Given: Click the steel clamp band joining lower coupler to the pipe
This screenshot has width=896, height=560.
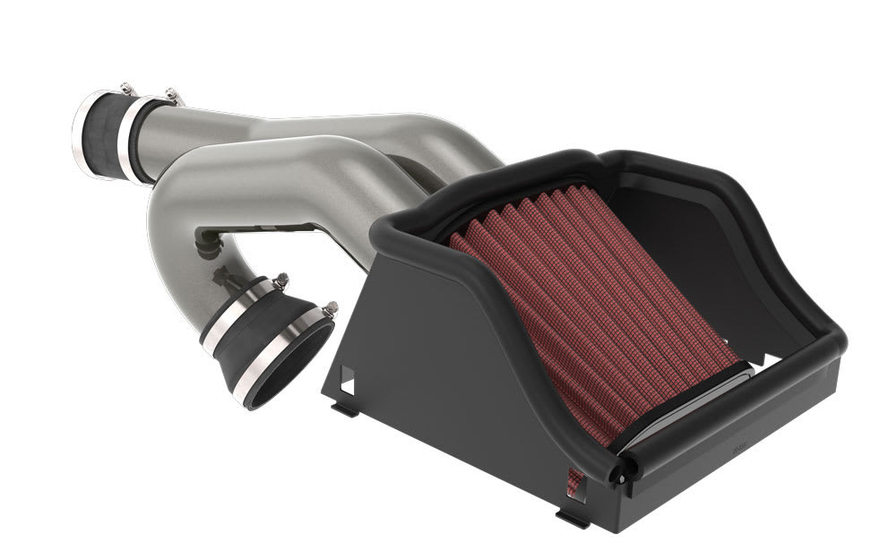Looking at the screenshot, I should coord(237,310).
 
